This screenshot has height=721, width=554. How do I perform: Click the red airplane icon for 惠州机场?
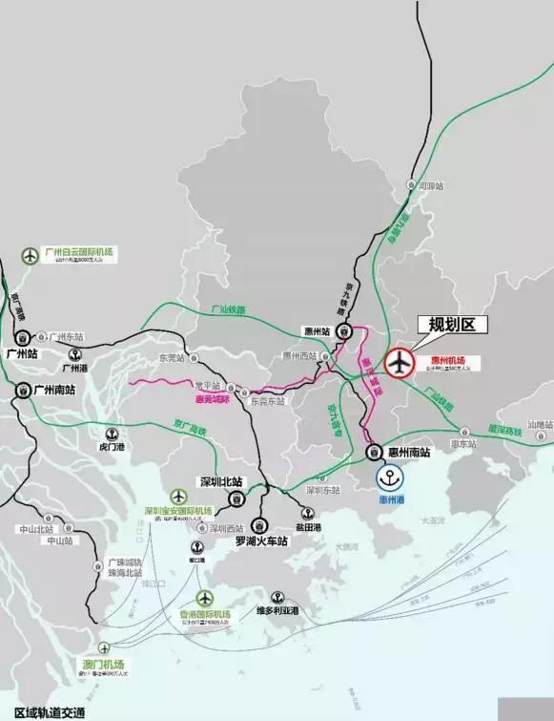pyautogui.click(x=400, y=364)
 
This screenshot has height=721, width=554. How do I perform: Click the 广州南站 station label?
pyautogui.click(x=55, y=390)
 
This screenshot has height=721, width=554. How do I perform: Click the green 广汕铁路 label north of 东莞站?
pyautogui.click(x=229, y=310)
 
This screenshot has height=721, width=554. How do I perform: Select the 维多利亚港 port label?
pyautogui.click(x=277, y=610)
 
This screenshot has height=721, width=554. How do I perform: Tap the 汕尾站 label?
pyautogui.click(x=540, y=423)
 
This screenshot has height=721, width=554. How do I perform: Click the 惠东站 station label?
pyautogui.click(x=463, y=444)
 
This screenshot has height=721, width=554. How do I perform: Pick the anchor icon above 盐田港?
pyautogui.click(x=307, y=514)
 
